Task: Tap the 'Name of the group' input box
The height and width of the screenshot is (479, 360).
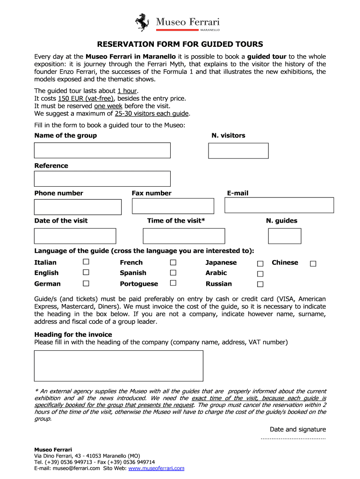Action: click(x=102, y=150)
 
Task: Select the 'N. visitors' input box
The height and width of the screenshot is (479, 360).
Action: click(x=238, y=151)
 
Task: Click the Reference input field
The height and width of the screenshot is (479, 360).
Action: click(x=102, y=179)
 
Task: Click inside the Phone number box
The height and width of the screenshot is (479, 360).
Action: click(x=78, y=207)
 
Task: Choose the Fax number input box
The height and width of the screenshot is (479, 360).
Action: click(x=173, y=206)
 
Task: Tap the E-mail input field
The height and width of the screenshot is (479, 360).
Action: click(x=280, y=205)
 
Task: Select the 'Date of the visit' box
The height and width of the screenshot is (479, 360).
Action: click(x=75, y=236)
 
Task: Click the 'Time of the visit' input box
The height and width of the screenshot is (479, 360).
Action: click(x=184, y=236)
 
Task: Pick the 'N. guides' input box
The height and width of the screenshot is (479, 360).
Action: click(x=285, y=236)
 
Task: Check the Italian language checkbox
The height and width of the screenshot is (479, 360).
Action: click(x=86, y=262)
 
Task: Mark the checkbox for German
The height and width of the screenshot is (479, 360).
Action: click(x=86, y=283)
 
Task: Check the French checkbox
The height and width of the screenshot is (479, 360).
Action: click(x=173, y=262)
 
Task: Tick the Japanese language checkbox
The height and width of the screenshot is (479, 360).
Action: click(x=260, y=264)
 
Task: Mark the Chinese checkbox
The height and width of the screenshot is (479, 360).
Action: click(x=313, y=264)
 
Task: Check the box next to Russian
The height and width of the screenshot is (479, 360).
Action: click(x=260, y=284)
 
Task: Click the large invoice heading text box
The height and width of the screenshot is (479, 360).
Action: click(x=119, y=366)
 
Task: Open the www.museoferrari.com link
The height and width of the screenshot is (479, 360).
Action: click(x=156, y=468)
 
